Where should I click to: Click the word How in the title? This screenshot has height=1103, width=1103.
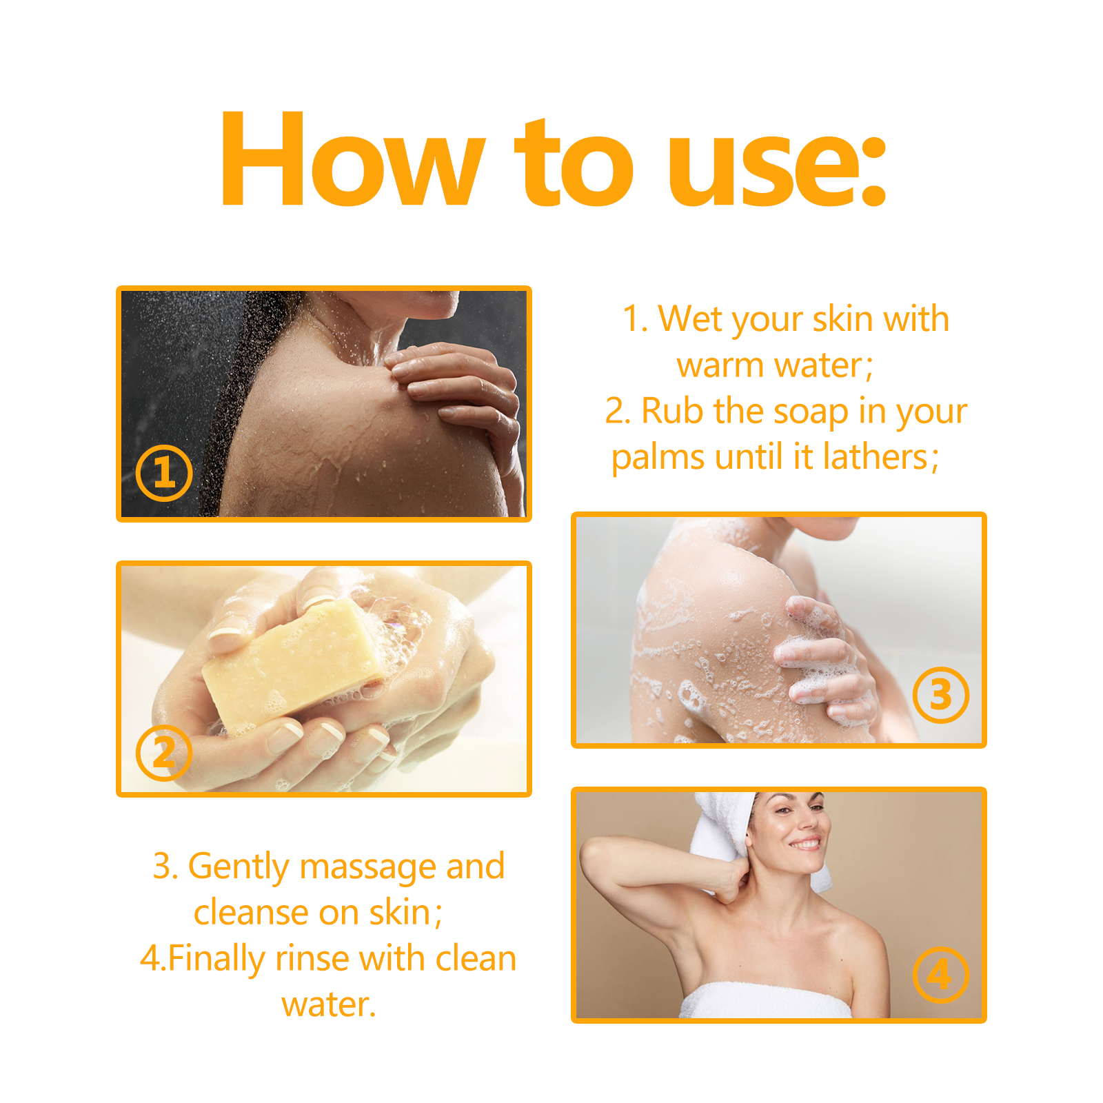(352, 159)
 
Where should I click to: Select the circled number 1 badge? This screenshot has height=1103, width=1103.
(163, 473)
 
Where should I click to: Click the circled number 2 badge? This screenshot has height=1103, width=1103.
(163, 752)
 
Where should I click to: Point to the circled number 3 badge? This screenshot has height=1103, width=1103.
(940, 695)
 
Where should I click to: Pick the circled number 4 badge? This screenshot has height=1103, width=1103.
(940, 975)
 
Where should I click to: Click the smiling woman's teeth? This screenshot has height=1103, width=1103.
(805, 843)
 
